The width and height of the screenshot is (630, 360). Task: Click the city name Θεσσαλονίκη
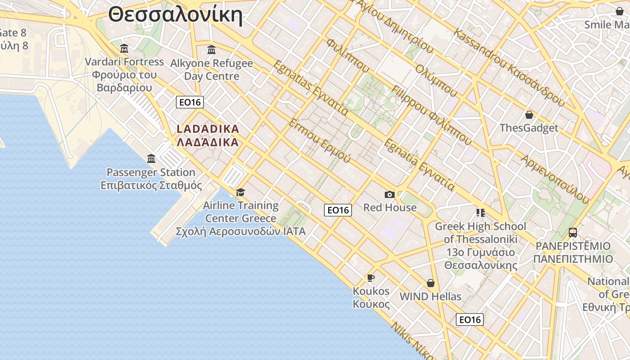click(x=175, y=14)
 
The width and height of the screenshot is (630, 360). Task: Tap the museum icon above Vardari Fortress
click(x=124, y=48)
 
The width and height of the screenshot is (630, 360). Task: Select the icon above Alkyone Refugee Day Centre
click(x=211, y=49)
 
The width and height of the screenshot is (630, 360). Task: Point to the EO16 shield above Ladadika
click(x=190, y=102)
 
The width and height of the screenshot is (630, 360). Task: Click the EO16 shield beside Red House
click(x=338, y=210)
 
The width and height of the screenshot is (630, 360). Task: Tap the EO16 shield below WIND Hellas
click(x=470, y=319)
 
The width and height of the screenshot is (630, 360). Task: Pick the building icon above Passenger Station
click(x=151, y=159)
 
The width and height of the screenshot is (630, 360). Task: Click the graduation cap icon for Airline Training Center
click(x=241, y=193)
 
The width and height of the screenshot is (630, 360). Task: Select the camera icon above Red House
click(x=390, y=194)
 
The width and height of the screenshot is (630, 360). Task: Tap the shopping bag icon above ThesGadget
click(x=529, y=115)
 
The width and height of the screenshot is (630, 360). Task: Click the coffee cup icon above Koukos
click(x=371, y=278)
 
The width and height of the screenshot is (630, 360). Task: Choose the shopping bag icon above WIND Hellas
click(x=431, y=283)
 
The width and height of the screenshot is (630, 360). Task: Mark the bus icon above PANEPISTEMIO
click(x=573, y=233)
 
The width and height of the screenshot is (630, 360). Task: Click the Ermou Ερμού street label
click(x=319, y=141)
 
